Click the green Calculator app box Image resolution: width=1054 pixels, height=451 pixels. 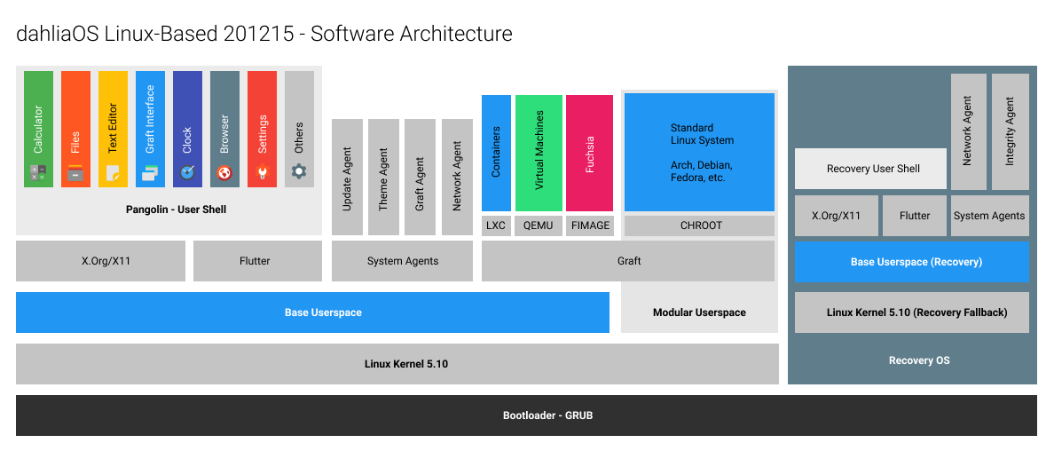[x=38, y=129]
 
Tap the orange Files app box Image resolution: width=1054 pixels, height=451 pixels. [x=75, y=129]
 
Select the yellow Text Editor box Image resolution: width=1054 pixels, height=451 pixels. [x=113, y=129]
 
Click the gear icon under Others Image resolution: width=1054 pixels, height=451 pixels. [x=299, y=171]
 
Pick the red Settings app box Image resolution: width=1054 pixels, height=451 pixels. [x=262, y=129]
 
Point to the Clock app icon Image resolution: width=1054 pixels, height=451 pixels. [x=187, y=172]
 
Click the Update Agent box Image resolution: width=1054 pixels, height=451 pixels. [x=347, y=177]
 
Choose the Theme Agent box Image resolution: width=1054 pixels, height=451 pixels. [x=383, y=177]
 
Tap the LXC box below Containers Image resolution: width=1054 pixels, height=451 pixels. [x=496, y=225]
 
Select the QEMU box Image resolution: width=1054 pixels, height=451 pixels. [x=539, y=225]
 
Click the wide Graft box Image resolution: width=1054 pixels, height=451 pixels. [x=628, y=261]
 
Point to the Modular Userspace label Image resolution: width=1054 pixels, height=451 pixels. [x=699, y=313]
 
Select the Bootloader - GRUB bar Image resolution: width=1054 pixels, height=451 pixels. [x=526, y=415]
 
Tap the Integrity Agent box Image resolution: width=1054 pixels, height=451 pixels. [x=1010, y=131]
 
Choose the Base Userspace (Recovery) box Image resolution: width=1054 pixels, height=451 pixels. [x=911, y=262]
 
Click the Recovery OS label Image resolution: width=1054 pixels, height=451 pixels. [x=918, y=360]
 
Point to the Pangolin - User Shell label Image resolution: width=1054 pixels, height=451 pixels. [x=176, y=210]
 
